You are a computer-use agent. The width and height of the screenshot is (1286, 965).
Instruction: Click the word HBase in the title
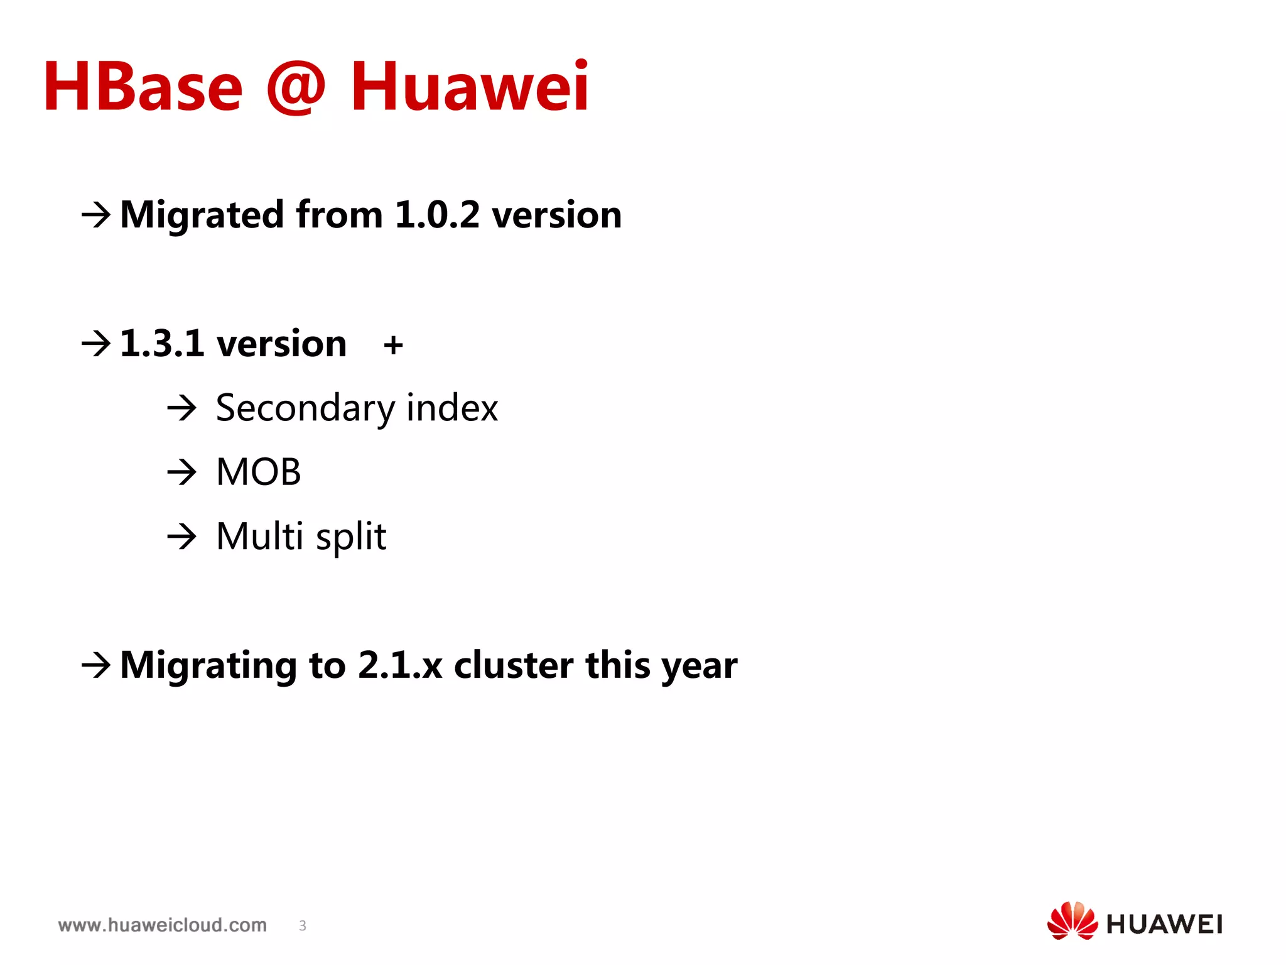coord(143,87)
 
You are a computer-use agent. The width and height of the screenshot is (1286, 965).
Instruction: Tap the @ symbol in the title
coord(296,87)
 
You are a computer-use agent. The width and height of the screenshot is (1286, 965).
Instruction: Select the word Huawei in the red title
coord(470,87)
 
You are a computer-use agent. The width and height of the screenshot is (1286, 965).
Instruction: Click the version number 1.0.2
coord(437,215)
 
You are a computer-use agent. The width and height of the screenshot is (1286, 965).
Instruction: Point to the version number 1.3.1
coord(162,344)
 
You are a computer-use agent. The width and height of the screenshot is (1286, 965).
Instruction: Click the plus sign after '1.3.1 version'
coord(393,345)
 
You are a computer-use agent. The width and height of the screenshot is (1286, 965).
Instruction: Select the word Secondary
coord(305,408)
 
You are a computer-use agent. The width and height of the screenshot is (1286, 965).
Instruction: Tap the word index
coord(452,408)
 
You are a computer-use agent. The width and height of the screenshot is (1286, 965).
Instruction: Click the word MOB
coord(259,472)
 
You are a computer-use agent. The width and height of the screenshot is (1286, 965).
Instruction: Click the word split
coord(351,537)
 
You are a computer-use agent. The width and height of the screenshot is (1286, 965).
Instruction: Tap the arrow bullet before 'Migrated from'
coord(96,215)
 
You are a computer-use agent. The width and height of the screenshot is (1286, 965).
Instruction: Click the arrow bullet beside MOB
coord(182,472)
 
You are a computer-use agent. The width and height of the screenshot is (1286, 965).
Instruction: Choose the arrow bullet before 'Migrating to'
coord(96,665)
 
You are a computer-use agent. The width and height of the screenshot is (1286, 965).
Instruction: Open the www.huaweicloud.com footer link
coord(163,925)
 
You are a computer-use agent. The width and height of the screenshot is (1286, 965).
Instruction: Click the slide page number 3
coord(303,925)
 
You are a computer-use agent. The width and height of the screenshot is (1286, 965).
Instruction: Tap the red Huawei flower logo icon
coord(1072,920)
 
